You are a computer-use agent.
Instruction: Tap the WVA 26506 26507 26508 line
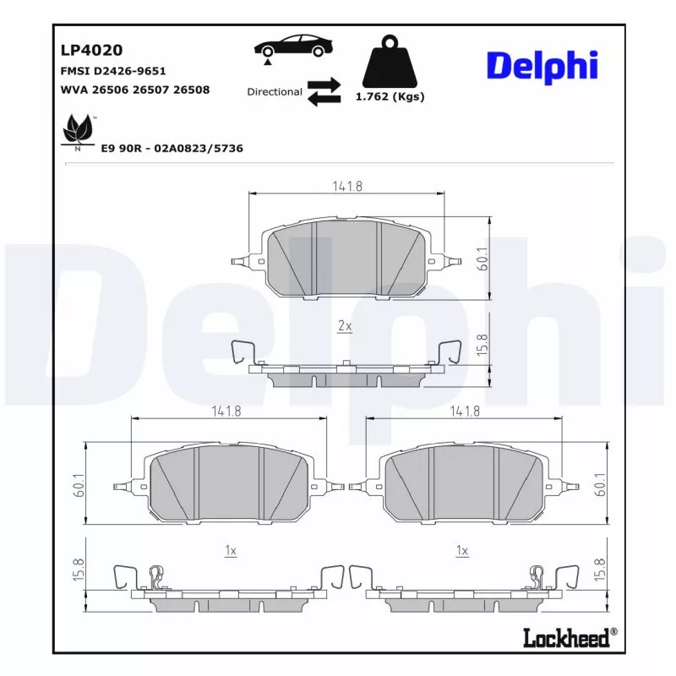pos(135,90)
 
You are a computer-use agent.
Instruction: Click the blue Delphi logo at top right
pos(542,67)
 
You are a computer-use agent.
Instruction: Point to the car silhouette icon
pos(291,47)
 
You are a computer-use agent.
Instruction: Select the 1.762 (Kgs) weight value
pos(390,97)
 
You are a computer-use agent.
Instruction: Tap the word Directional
pos(274,91)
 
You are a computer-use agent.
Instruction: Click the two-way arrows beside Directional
pos(324,92)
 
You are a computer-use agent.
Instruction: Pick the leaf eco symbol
pos(79,130)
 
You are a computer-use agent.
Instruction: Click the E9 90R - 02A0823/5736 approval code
pos(172,148)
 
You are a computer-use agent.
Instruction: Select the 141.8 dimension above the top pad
pos(346,187)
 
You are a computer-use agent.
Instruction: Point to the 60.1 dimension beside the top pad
pos(482,259)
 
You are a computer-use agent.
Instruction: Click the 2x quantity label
pos(345,326)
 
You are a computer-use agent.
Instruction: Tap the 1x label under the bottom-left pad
pos(230,550)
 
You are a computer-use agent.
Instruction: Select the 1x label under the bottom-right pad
pos(461,550)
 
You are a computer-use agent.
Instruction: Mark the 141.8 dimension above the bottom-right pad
pos(465,411)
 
